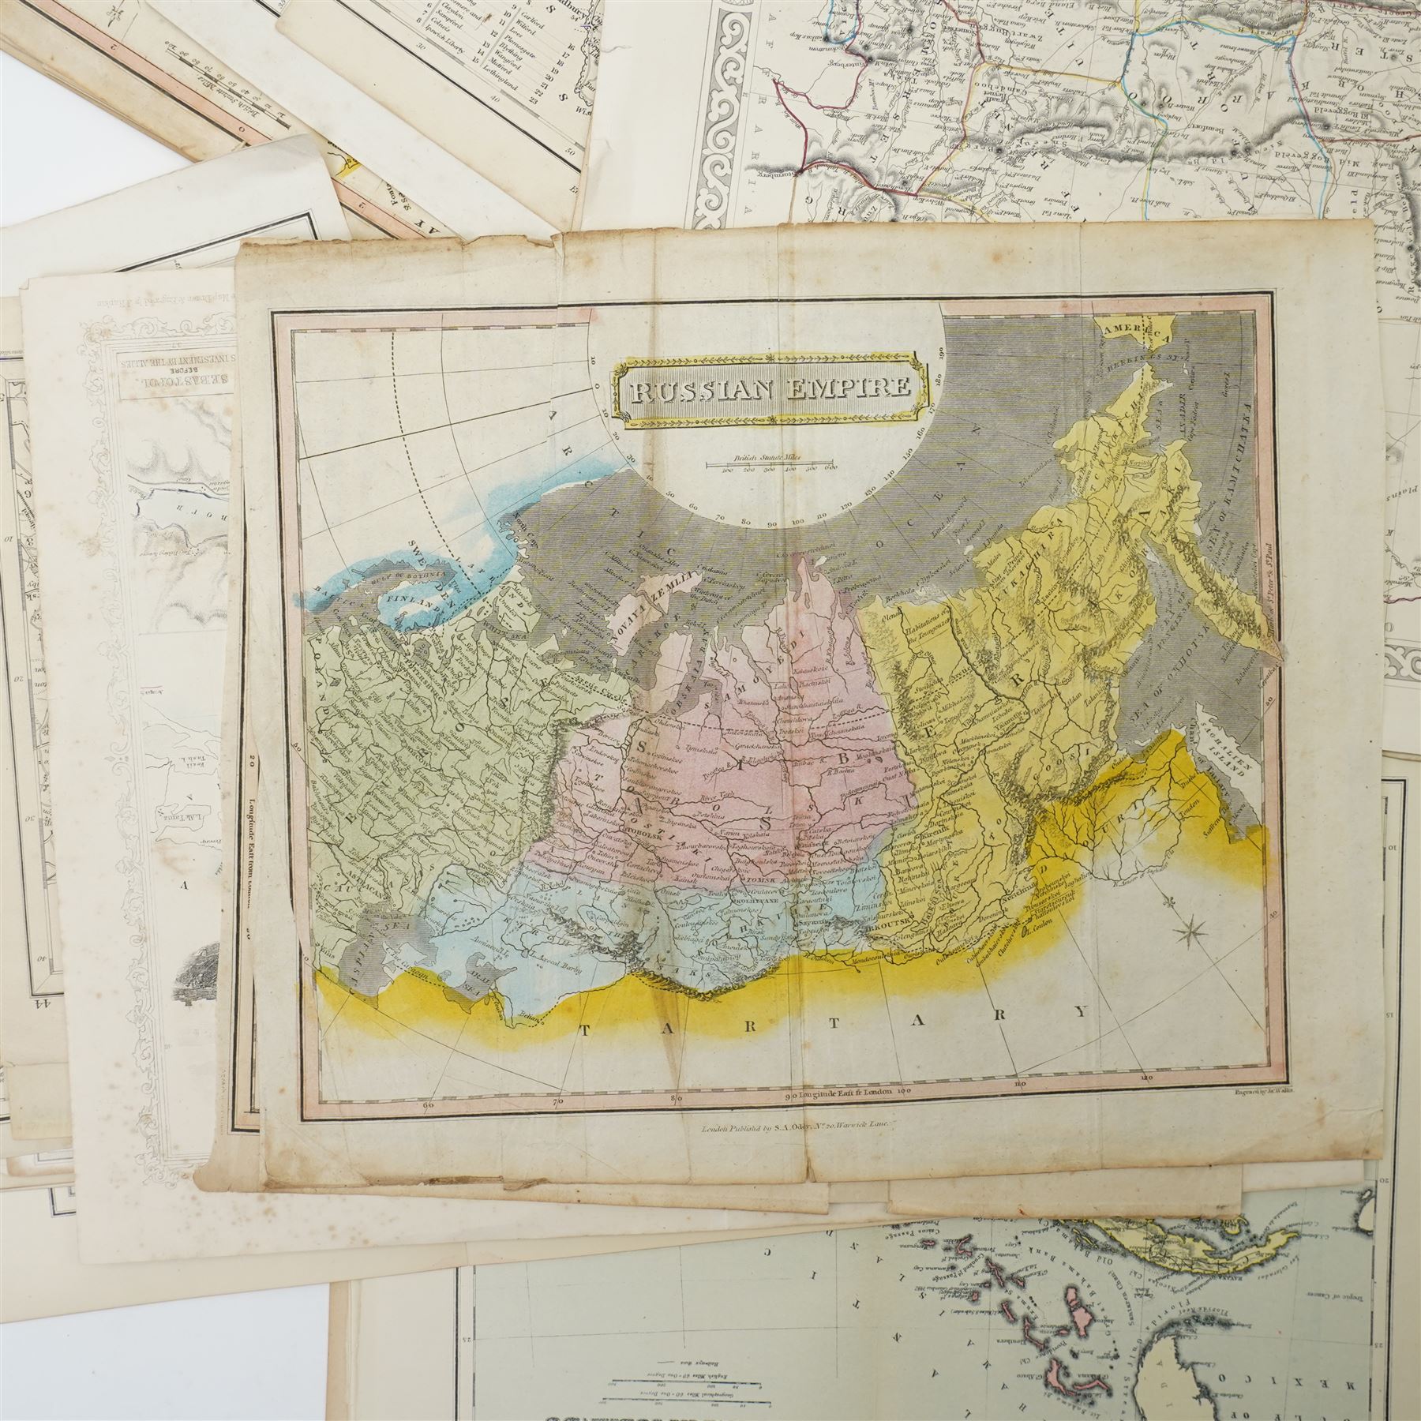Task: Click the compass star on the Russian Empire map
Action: tap(1194, 937)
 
